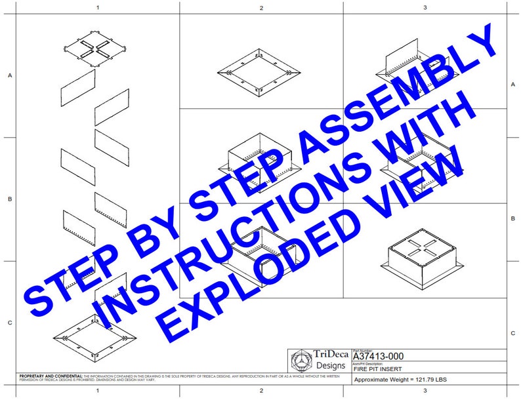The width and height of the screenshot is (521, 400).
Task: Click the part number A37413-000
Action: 378,356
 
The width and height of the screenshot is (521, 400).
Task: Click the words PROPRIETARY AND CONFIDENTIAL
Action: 47,375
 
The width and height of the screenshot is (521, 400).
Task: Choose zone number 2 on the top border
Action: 261,8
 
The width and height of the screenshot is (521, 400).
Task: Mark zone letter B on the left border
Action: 9,199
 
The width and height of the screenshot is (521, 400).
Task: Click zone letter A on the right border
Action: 512,85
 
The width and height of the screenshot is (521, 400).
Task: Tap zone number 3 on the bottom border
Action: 425,391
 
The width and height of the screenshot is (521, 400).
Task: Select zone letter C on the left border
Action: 9,323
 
